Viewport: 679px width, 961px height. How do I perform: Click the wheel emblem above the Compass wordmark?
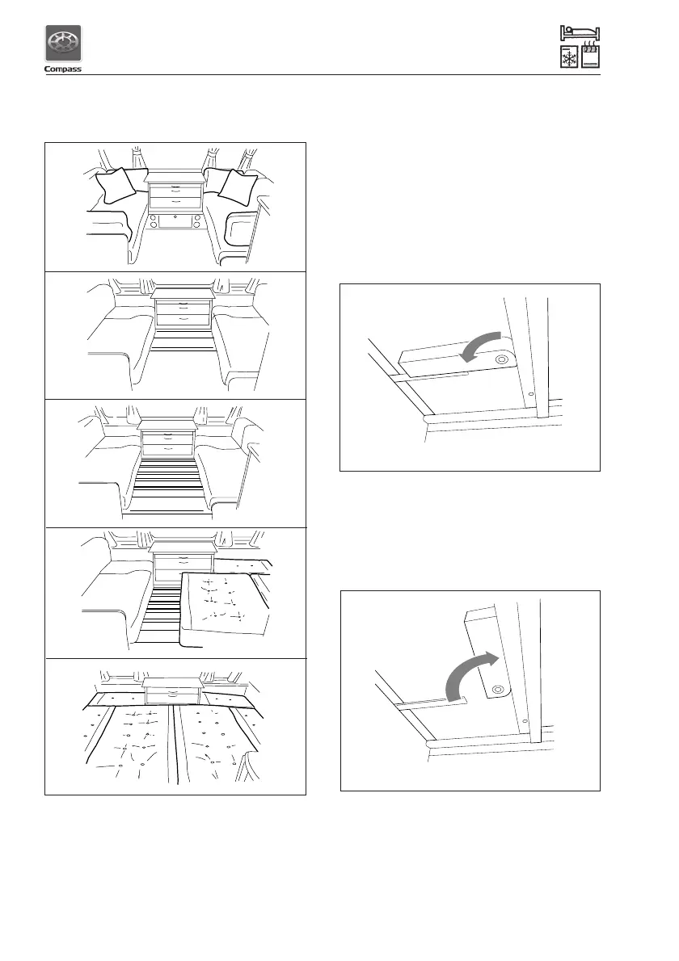pos(61,44)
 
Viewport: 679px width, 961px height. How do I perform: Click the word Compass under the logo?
pos(61,69)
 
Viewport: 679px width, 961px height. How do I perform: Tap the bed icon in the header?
pos(580,33)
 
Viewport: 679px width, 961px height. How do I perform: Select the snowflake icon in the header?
pos(570,59)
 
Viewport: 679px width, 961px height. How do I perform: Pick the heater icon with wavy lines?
pos(590,59)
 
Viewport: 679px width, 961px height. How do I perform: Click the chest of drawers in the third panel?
pos(167,440)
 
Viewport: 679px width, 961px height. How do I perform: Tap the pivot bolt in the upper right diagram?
pos(504,359)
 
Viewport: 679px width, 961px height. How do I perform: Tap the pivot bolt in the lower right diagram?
pos(496,689)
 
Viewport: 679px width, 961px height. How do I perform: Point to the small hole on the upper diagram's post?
pos(530,395)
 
